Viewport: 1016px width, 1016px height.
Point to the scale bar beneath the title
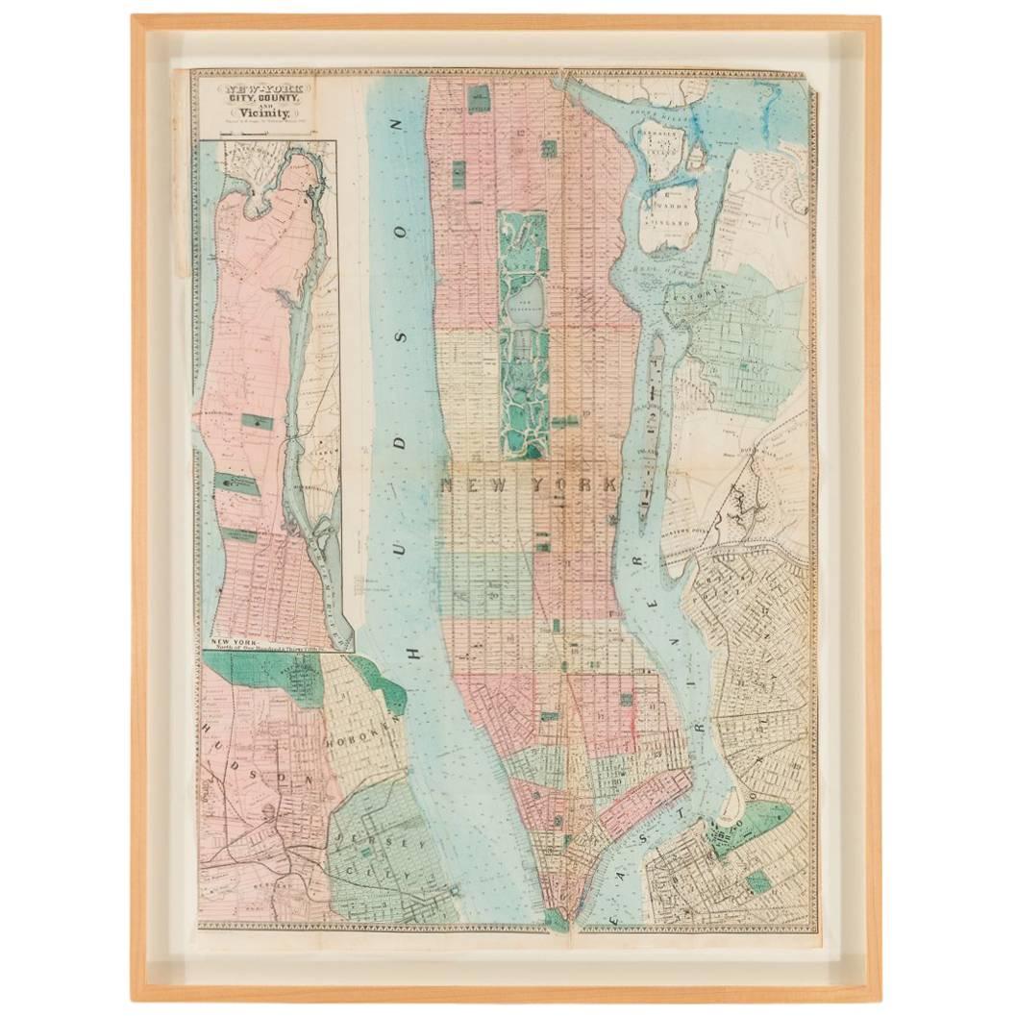pos(257,134)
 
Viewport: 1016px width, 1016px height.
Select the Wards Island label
pos(669,215)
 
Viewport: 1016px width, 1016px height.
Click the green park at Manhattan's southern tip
pos(555,919)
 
